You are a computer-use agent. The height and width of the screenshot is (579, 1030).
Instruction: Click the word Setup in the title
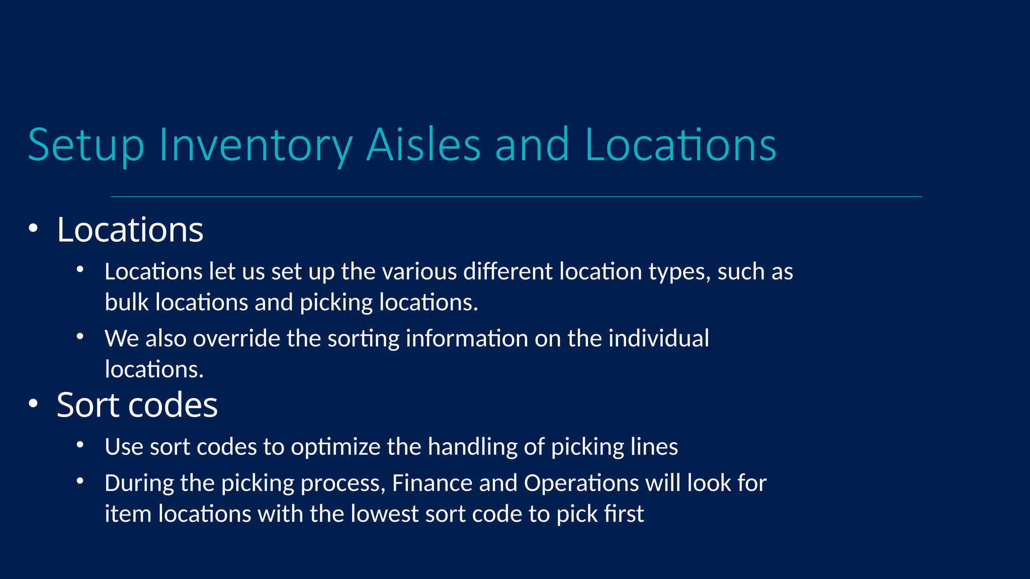86,145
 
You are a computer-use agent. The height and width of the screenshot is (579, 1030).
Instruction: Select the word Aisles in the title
423,145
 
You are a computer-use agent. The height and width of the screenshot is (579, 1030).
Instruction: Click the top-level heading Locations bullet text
130,230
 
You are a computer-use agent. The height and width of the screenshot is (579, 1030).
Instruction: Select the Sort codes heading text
137,405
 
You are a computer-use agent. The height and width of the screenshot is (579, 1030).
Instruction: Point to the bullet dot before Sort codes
33,404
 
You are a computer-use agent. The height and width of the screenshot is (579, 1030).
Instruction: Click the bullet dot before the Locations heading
33,229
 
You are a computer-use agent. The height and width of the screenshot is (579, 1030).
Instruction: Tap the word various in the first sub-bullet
419,272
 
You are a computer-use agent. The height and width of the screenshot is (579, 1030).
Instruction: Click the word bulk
127,303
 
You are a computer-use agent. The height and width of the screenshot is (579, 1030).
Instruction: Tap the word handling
472,447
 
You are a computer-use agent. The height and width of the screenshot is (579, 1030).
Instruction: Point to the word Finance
432,483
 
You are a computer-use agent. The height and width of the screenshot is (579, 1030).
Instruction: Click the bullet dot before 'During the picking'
80,481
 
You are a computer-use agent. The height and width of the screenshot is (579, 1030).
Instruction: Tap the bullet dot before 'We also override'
80,337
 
